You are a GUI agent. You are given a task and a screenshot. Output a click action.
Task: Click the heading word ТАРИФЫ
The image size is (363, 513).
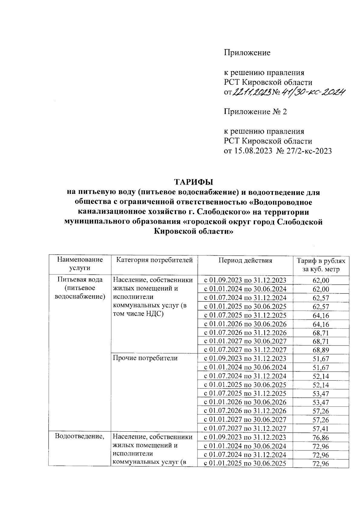pos(193,182)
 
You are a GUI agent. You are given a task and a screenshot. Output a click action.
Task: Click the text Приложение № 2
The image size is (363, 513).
pos(255,112)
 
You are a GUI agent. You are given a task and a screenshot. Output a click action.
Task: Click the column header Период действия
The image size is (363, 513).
pos(245,261)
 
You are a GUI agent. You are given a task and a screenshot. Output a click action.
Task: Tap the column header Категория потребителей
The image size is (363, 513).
pos(155,260)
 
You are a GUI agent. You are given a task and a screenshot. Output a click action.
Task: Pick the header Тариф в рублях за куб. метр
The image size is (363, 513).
pos(321,265)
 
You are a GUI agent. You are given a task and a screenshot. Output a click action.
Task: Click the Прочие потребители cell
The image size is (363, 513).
pos(145,359)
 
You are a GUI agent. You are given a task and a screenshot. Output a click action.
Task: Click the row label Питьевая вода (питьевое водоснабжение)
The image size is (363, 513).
pos(80,288)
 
